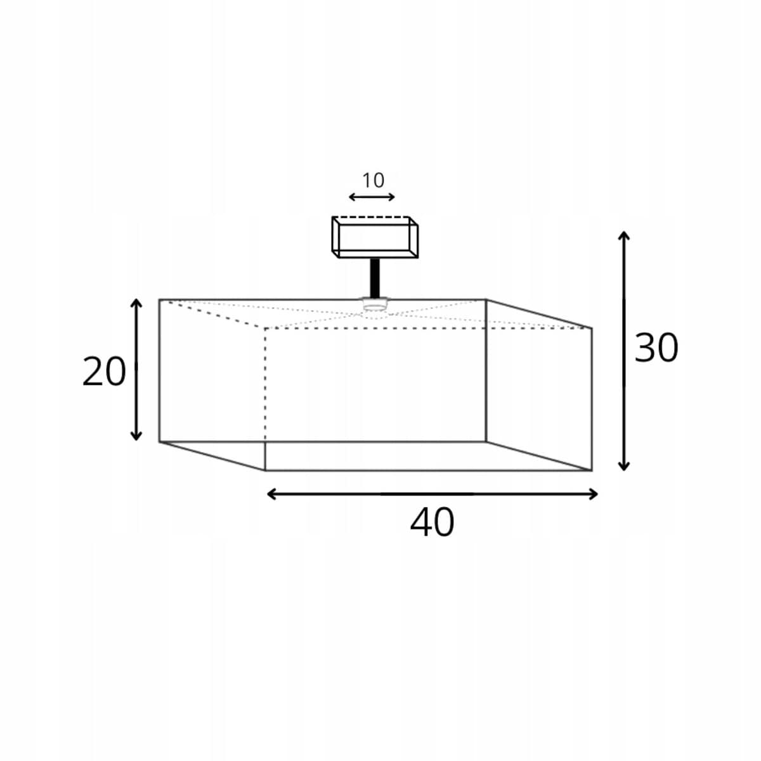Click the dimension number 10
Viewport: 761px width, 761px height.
click(x=373, y=181)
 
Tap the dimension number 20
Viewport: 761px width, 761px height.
click(x=104, y=372)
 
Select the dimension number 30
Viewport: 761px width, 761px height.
click(x=656, y=348)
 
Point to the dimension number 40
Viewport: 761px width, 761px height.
click(x=432, y=522)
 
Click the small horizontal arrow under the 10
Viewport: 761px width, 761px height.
click(x=372, y=197)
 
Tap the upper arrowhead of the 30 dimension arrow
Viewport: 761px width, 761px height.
click(x=623, y=236)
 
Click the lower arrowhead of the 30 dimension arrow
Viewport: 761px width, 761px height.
click(x=623, y=466)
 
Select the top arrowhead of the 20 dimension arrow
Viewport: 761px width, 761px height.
click(x=136, y=303)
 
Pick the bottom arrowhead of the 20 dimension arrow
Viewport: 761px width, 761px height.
click(x=136, y=436)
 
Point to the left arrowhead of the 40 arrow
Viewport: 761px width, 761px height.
click(x=271, y=494)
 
